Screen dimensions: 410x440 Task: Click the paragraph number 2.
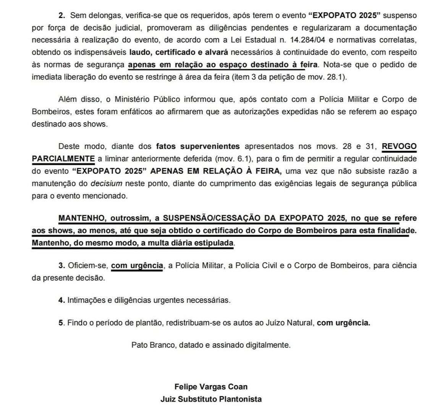(x=61, y=16)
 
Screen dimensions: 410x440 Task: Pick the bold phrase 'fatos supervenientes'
(x=198, y=146)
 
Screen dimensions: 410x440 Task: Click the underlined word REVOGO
(x=399, y=146)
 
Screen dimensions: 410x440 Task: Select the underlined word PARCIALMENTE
(x=63, y=158)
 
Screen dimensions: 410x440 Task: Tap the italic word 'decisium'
(x=107, y=183)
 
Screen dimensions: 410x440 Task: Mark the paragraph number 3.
(x=61, y=265)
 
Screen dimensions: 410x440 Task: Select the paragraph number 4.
(x=61, y=300)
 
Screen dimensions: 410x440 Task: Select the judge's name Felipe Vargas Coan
(x=211, y=387)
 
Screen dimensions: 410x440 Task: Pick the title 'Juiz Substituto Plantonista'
(x=211, y=399)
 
